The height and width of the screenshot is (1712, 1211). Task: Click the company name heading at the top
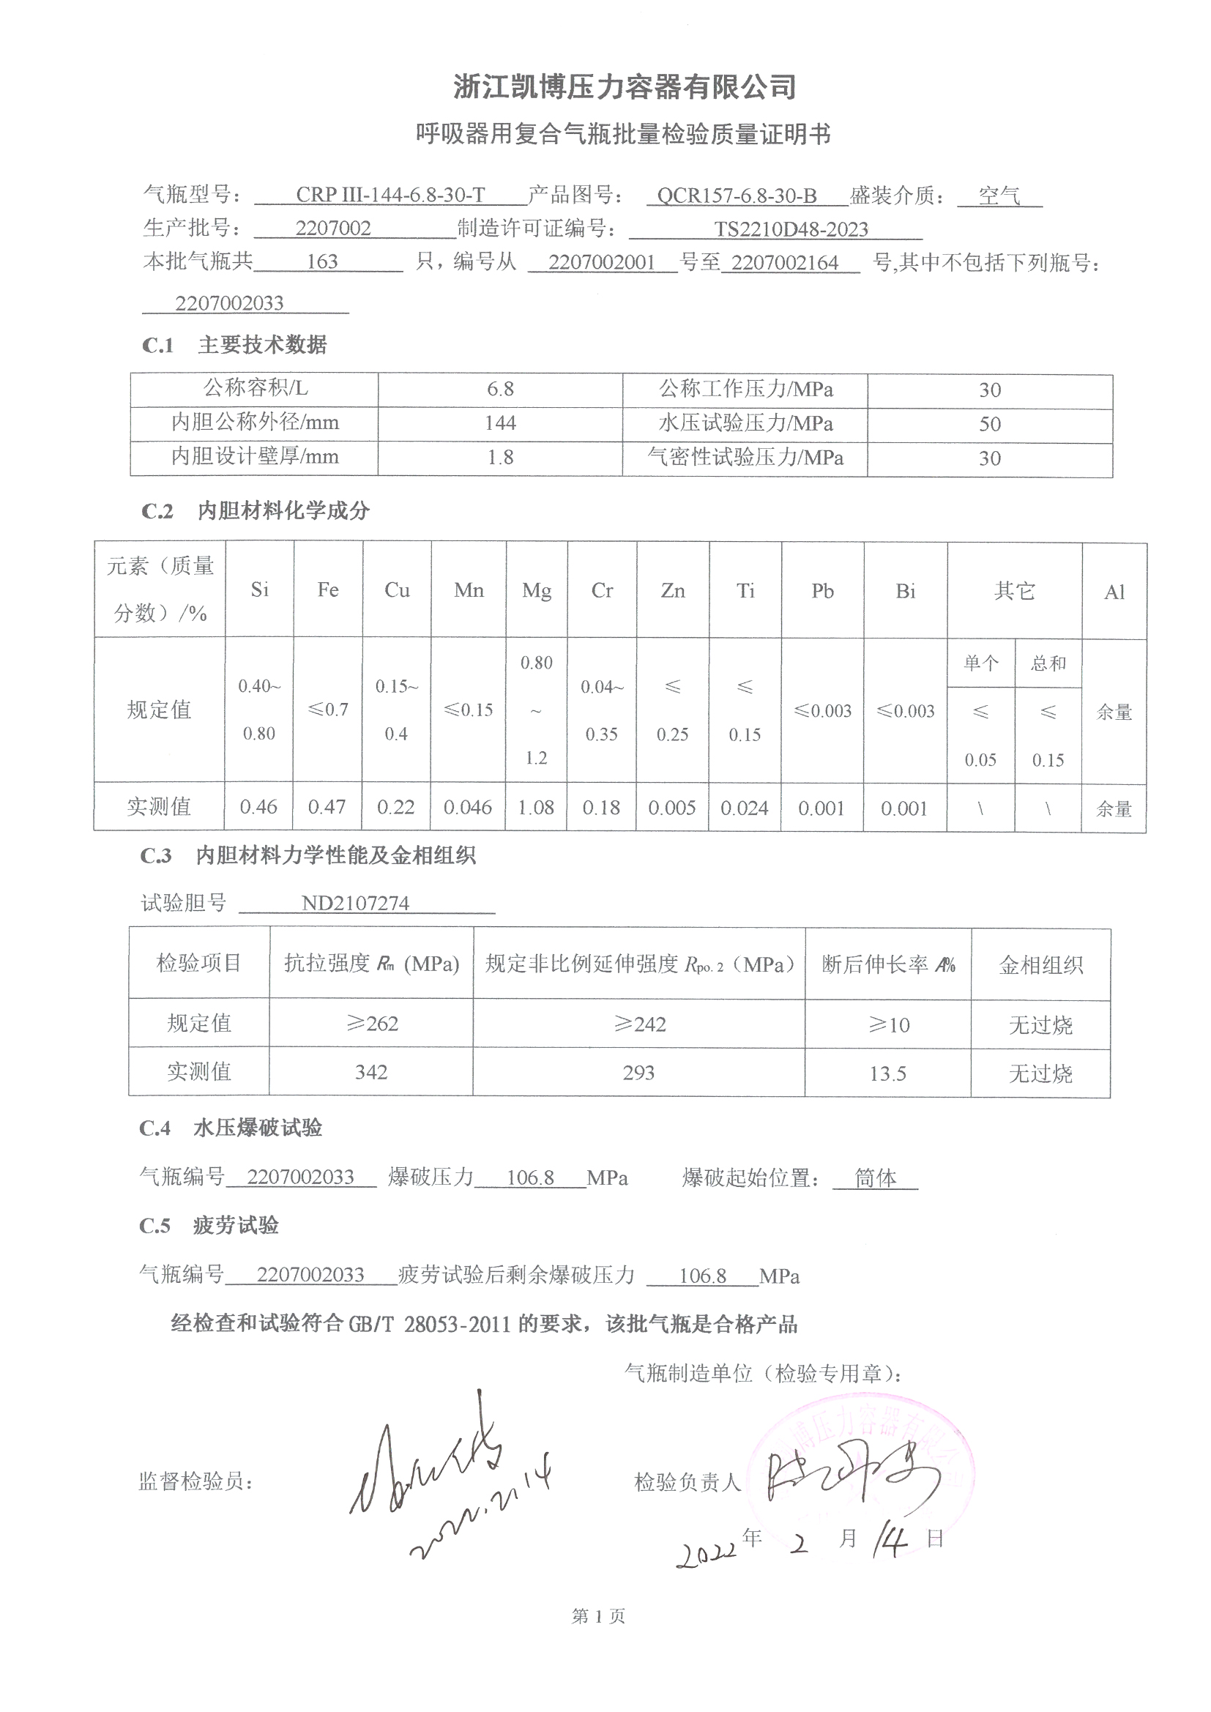click(x=625, y=88)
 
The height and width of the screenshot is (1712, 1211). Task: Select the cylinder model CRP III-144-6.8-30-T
click(x=390, y=196)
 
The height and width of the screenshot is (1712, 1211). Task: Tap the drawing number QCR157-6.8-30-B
click(x=736, y=196)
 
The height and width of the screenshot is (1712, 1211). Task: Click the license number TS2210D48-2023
click(x=791, y=230)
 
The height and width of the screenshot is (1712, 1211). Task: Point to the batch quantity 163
click(x=322, y=261)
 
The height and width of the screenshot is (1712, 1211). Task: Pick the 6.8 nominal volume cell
click(x=499, y=390)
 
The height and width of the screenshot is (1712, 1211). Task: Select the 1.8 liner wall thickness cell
click(x=499, y=458)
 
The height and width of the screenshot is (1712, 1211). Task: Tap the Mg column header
click(x=536, y=590)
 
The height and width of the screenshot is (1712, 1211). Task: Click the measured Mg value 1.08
click(x=535, y=808)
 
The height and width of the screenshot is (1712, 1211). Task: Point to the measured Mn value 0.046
click(x=468, y=808)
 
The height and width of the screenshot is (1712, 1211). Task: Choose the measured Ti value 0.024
click(x=744, y=808)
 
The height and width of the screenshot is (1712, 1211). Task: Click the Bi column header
click(x=904, y=592)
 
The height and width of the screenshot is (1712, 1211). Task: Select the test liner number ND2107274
click(x=355, y=904)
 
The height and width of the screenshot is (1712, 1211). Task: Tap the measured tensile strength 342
click(x=370, y=1072)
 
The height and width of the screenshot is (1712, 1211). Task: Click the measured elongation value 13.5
click(x=887, y=1073)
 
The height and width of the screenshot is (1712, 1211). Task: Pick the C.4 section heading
click(x=231, y=1128)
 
